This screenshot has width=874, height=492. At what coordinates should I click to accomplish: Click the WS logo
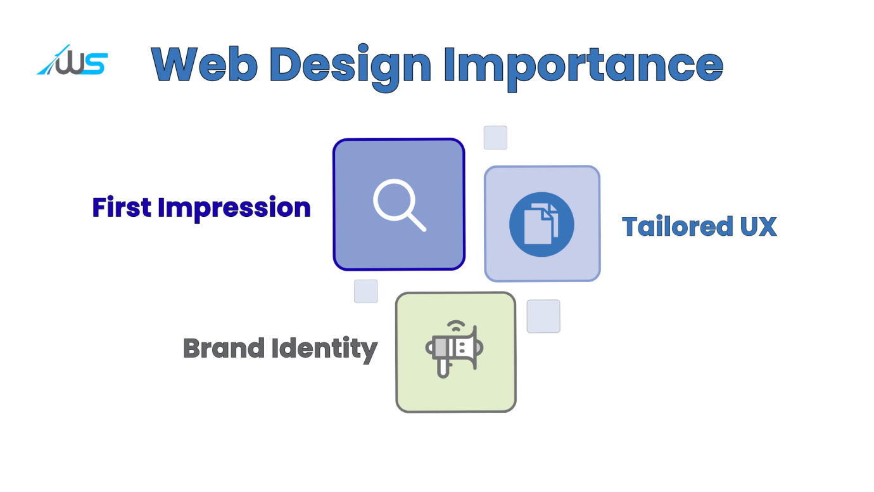tap(72, 60)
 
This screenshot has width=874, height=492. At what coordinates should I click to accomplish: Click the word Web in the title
tap(204, 65)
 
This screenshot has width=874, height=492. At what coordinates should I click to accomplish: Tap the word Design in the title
tap(350, 67)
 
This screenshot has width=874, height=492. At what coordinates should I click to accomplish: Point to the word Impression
tap(234, 209)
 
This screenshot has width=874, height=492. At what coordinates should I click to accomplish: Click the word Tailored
tap(678, 226)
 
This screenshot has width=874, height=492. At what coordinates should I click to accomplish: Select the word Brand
tap(224, 347)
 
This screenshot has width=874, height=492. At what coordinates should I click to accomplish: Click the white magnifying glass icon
tap(399, 205)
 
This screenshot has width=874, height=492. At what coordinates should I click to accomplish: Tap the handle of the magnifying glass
tap(416, 222)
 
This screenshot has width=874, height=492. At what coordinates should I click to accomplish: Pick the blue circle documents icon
tap(541, 224)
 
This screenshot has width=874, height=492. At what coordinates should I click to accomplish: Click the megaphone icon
tap(454, 349)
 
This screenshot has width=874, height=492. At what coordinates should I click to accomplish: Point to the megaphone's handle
tap(443, 368)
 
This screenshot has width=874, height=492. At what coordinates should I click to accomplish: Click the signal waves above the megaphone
tap(456, 326)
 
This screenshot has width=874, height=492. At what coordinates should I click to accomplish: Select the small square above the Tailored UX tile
tap(495, 138)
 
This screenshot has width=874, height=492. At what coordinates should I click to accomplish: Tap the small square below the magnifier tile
tap(366, 291)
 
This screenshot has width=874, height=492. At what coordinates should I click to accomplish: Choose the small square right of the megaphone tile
tap(543, 316)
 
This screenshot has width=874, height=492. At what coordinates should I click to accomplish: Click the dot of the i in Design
tap(364, 49)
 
